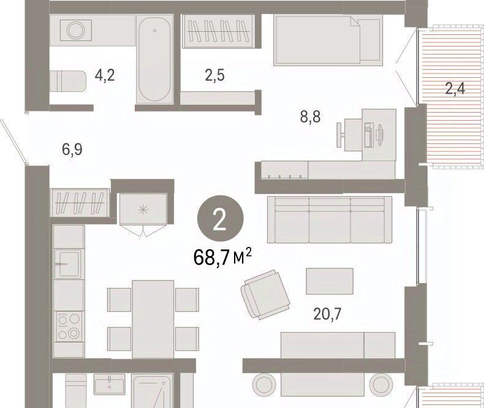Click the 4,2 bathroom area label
pyautogui.click(x=105, y=75)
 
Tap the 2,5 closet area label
pyautogui.click(x=215, y=75)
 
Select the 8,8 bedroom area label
pyautogui.click(x=310, y=117)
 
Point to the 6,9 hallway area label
pyautogui.click(x=72, y=149)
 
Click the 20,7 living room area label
pyautogui.click(x=327, y=314)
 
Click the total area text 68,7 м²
pyautogui.click(x=222, y=258)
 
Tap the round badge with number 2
pyautogui.click(x=221, y=219)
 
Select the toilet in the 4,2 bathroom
pyautogui.click(x=68, y=81)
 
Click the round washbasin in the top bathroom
pyautogui.click(x=75, y=30)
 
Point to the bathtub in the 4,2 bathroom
pyautogui.click(x=154, y=59)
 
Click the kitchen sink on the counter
pyautogui.click(x=69, y=264)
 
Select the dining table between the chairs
pyautogui.click(x=153, y=319)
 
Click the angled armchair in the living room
pyautogui.click(x=266, y=295)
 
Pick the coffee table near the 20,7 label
pyautogui.click(x=330, y=281)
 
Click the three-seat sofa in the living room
pyautogui.click(x=330, y=220)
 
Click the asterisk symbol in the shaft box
pyautogui.click(x=143, y=210)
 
